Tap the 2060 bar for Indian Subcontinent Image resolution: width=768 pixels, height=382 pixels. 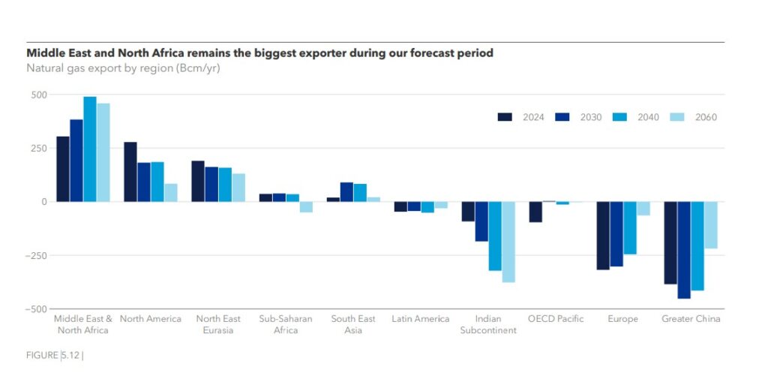(508, 242)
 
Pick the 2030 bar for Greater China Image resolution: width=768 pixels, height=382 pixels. (684, 250)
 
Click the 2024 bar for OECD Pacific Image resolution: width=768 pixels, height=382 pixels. (535, 212)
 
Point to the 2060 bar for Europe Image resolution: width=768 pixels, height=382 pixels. (643, 209)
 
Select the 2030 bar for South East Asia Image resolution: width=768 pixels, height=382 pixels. (346, 192)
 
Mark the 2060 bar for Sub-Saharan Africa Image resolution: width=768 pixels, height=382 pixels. (306, 207)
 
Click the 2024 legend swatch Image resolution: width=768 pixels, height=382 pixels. (505, 117)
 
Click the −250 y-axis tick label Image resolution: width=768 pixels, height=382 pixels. (34, 255)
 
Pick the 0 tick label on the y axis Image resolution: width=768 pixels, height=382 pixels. (43, 202)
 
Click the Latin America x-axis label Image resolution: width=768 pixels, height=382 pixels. (420, 319)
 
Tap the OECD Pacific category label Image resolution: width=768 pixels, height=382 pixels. (556, 319)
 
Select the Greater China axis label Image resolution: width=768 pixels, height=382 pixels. (691, 319)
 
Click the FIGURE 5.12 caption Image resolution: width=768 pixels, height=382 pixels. (55, 355)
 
